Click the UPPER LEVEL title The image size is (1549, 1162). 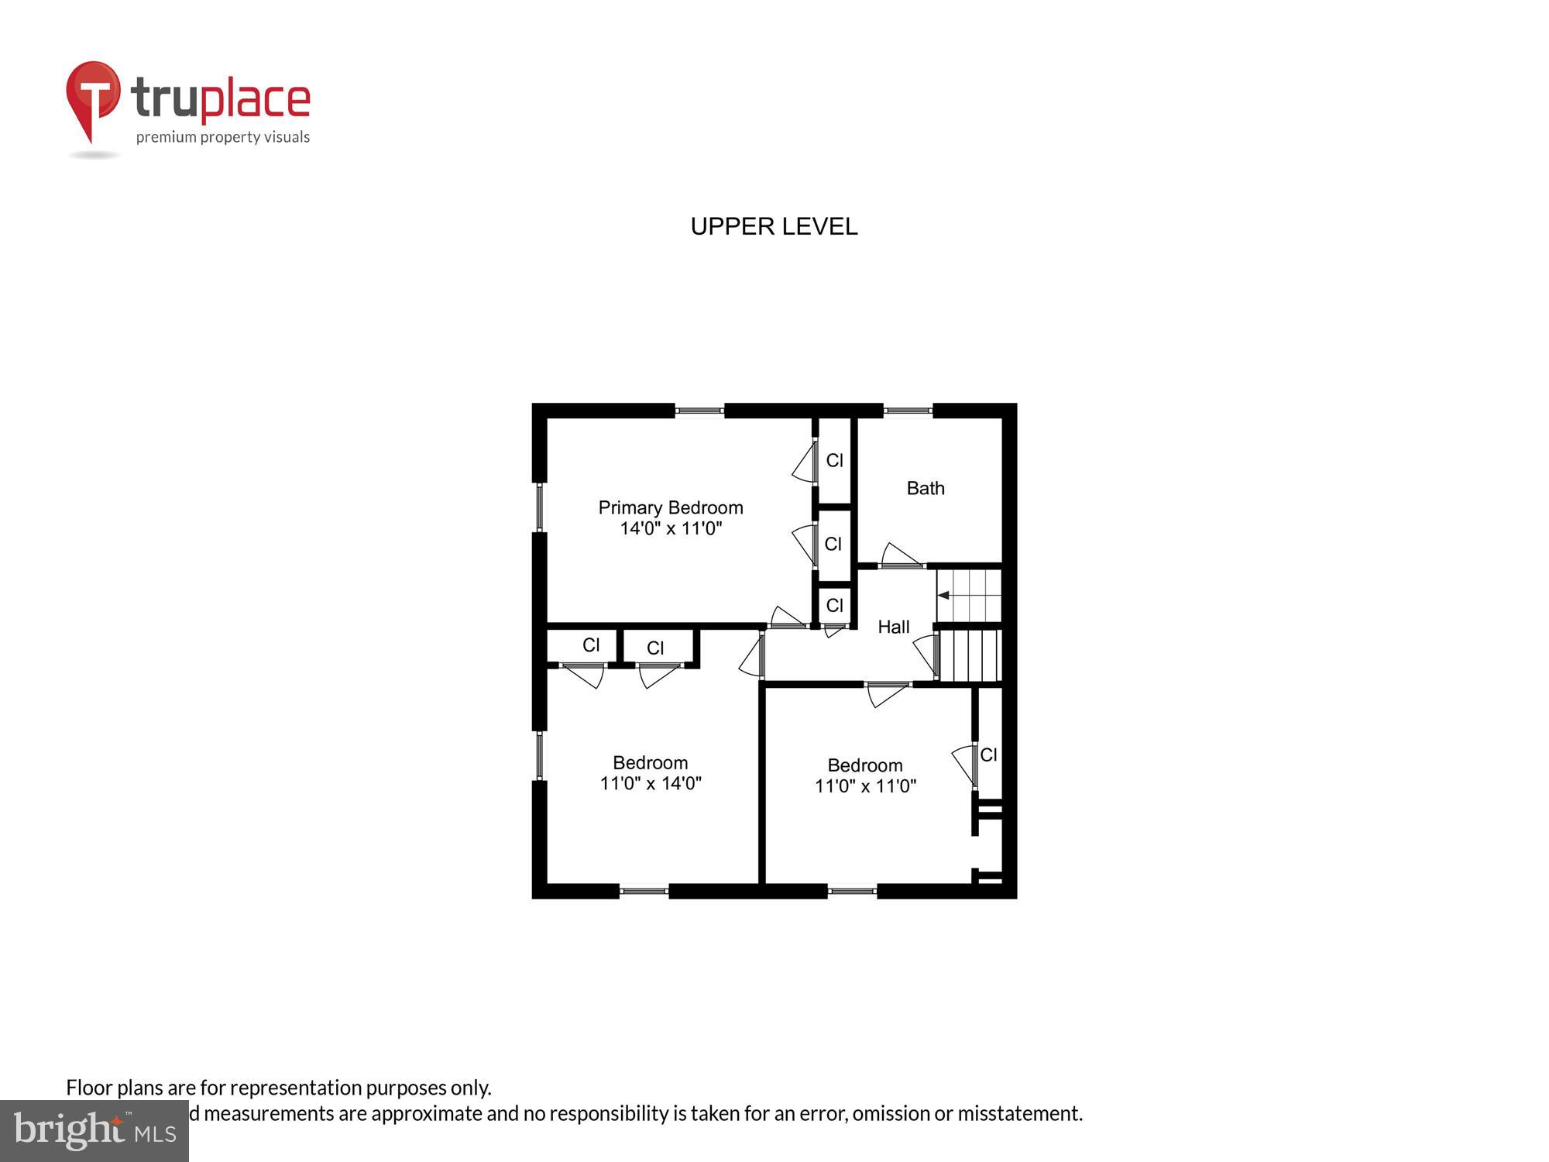[774, 226]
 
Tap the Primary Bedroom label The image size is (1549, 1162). [671, 507]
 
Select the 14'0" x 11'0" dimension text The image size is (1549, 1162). [671, 528]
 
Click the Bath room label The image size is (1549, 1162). [926, 488]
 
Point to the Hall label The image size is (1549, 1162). [893, 627]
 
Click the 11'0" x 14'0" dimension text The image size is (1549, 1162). [651, 783]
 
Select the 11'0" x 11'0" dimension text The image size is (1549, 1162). [865, 786]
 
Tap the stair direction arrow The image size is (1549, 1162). [943, 595]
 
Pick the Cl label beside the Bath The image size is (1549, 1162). [834, 460]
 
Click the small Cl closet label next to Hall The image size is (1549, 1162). [834, 605]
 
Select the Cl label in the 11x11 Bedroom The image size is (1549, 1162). [988, 755]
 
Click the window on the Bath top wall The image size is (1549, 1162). [908, 411]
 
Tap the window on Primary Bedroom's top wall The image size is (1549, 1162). [699, 411]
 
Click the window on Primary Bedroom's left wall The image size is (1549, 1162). [540, 507]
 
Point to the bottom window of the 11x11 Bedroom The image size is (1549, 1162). [852, 891]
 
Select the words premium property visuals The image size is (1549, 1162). [223, 137]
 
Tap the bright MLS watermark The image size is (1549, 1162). [94, 1131]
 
